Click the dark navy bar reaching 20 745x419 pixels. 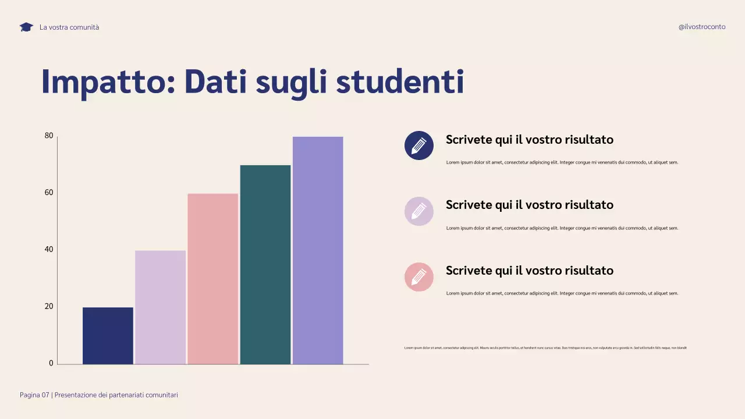click(x=108, y=336)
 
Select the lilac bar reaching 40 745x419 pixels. click(x=160, y=307)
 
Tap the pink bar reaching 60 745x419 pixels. click(x=212, y=279)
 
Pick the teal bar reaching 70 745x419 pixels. click(x=265, y=265)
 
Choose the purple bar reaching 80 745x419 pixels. click(x=318, y=250)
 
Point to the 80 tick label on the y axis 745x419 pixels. click(x=49, y=136)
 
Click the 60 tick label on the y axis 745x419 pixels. click(x=49, y=193)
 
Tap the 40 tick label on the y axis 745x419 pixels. click(x=49, y=250)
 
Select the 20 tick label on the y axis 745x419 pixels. click(x=49, y=306)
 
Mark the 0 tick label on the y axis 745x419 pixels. click(x=51, y=363)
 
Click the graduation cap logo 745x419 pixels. click(x=26, y=27)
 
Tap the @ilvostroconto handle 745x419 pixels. click(x=702, y=27)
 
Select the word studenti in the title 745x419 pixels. click(x=400, y=82)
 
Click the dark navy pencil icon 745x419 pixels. click(x=419, y=145)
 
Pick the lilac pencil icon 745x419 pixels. click(x=419, y=211)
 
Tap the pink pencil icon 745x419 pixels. click(x=419, y=277)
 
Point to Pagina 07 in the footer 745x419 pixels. click(x=34, y=395)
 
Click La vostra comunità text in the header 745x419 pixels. click(x=69, y=27)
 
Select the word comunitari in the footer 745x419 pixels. click(x=159, y=395)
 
